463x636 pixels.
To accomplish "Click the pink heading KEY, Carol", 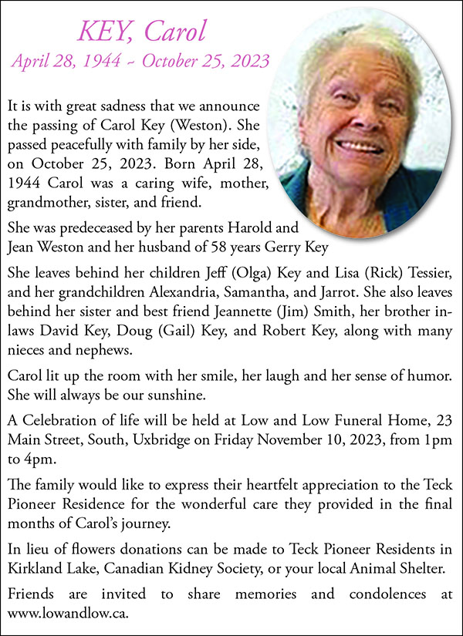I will click(x=141, y=32).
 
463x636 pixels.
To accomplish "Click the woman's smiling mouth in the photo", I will click(x=360, y=145).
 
